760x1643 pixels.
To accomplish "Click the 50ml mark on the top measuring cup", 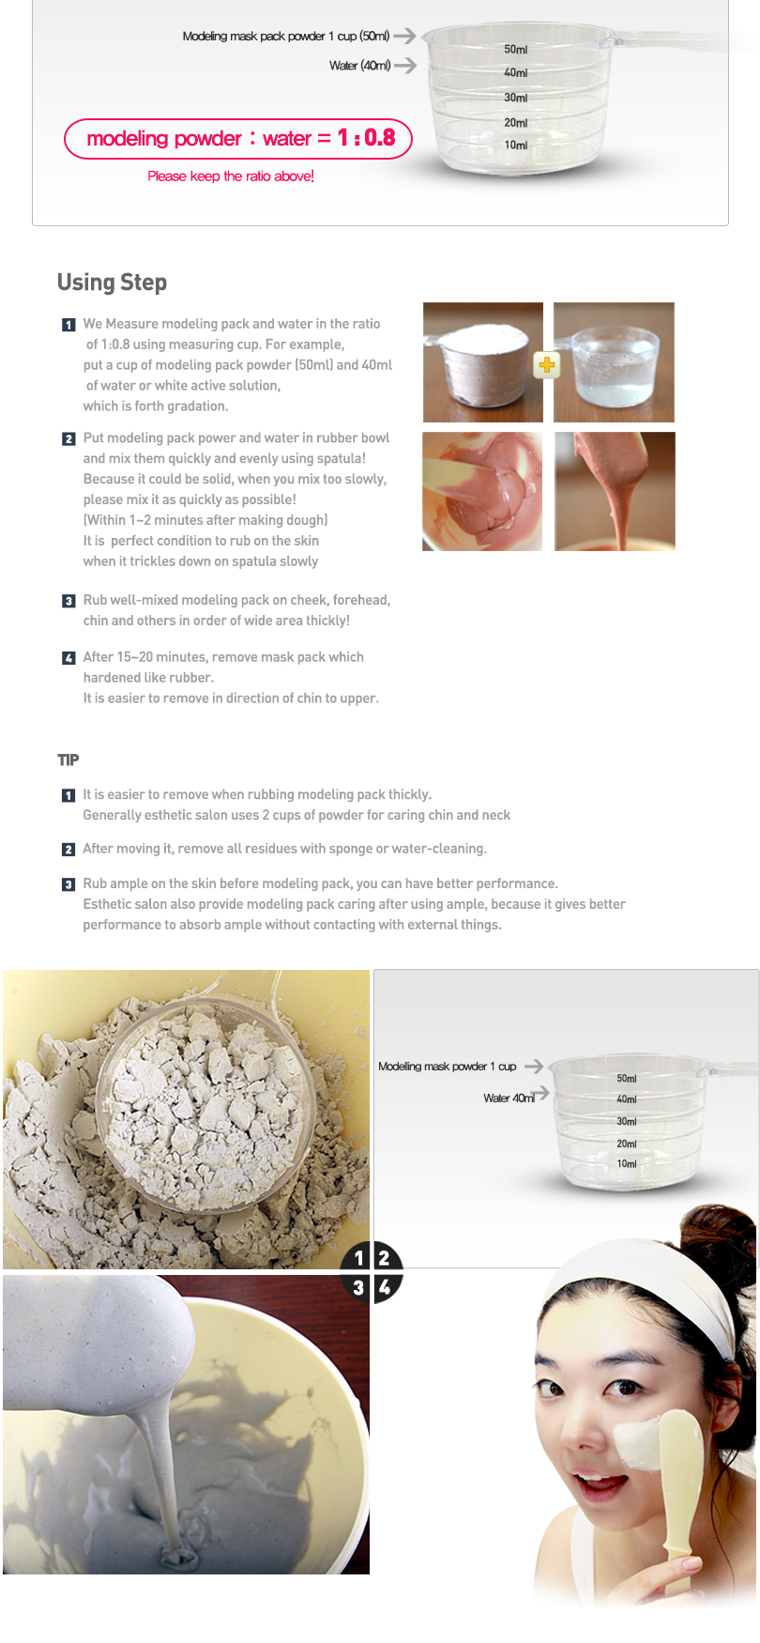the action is (516, 49).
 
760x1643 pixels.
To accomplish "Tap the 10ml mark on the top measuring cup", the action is (516, 146).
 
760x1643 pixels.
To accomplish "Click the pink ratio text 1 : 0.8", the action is (367, 138).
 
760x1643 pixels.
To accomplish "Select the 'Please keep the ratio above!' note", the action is (231, 176).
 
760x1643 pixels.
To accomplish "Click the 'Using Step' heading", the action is (112, 283).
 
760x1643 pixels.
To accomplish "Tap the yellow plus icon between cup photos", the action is (547, 365).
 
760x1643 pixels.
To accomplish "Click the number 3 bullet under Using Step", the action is (68, 601).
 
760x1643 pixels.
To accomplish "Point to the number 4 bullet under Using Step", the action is (68, 658).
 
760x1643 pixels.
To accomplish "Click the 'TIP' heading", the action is (68, 760).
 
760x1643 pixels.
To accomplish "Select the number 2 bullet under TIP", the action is (68, 850).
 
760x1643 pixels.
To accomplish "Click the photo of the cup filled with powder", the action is (483, 362).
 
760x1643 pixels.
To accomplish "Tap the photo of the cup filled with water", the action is (614, 362).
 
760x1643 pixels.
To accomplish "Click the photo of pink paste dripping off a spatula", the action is (615, 491).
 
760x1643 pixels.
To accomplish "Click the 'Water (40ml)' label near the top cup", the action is (360, 66).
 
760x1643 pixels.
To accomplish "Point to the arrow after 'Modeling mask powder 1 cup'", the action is (534, 1067).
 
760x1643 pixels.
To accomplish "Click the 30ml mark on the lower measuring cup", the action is (627, 1121).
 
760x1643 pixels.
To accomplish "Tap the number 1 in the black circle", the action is (358, 1258).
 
